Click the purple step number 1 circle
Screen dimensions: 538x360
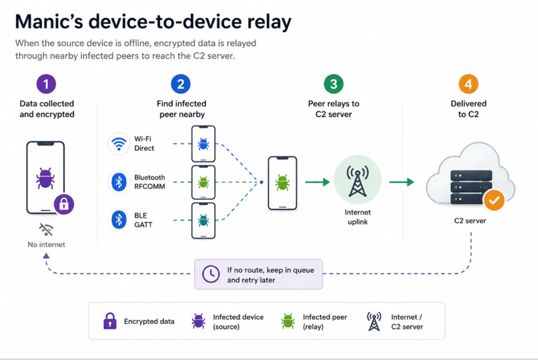click(46, 84)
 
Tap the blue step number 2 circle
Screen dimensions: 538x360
click(181, 84)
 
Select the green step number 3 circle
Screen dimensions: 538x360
click(333, 84)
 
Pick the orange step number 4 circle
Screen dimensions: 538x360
click(468, 84)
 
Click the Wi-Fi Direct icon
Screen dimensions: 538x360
click(119, 143)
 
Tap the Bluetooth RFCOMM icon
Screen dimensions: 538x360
click(119, 182)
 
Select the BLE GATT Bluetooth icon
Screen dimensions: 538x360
click(119, 220)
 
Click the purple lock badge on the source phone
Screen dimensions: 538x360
click(64, 204)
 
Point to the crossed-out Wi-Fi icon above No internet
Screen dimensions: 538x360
click(46, 230)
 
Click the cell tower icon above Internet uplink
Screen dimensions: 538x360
click(358, 181)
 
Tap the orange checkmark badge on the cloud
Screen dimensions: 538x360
click(494, 200)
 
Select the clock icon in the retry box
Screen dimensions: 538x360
click(211, 274)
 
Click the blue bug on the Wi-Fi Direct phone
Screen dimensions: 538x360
click(203, 144)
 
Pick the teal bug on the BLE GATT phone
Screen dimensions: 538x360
click(203, 221)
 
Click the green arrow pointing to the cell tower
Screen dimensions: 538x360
click(317, 182)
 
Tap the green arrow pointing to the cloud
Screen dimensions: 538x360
click(402, 182)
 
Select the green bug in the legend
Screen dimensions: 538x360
click(288, 321)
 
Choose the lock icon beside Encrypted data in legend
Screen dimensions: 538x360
click(110, 321)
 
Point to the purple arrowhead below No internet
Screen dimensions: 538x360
click(46, 256)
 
